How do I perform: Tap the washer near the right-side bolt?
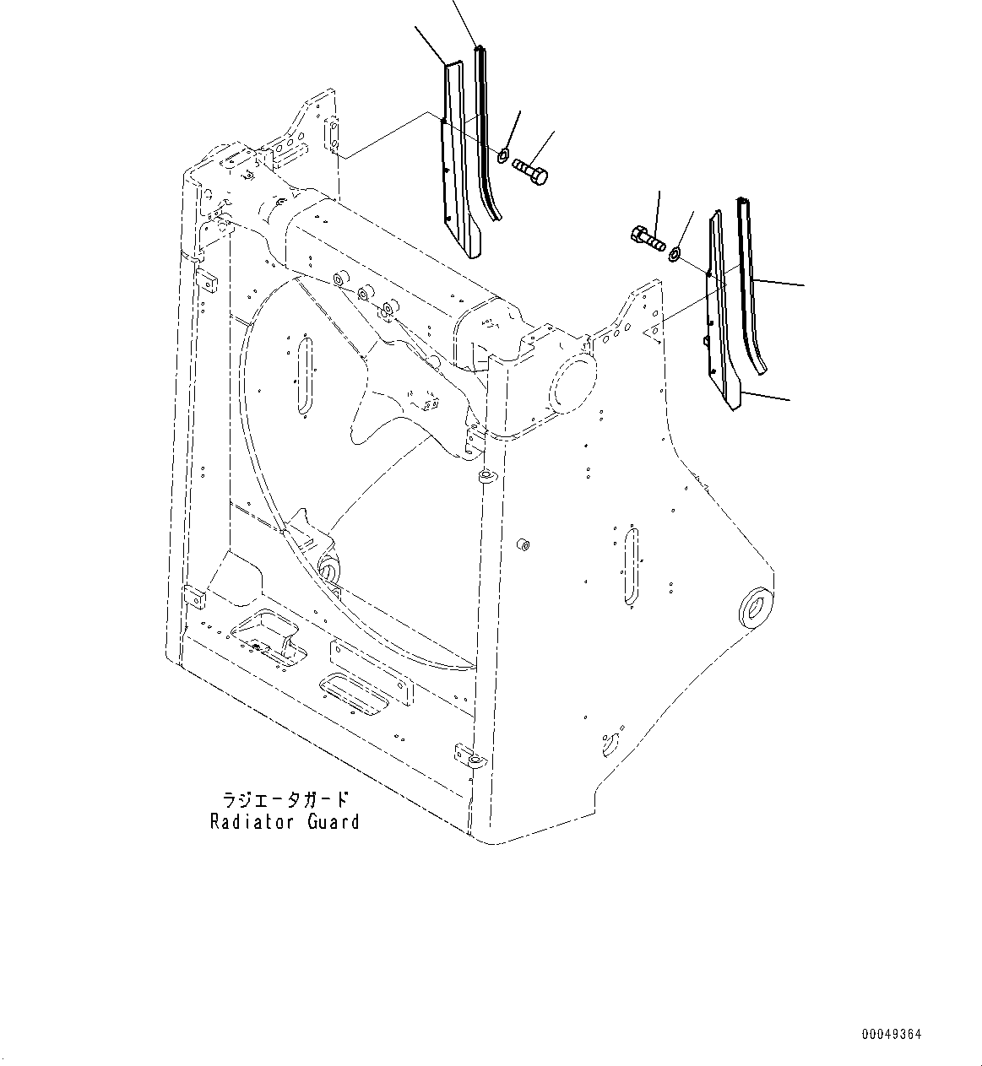point(675,252)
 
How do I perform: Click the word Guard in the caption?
point(333,821)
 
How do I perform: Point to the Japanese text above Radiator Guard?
point(285,798)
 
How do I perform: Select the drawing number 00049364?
point(892,1034)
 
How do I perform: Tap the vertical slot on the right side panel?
point(632,565)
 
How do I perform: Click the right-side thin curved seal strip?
point(750,287)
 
